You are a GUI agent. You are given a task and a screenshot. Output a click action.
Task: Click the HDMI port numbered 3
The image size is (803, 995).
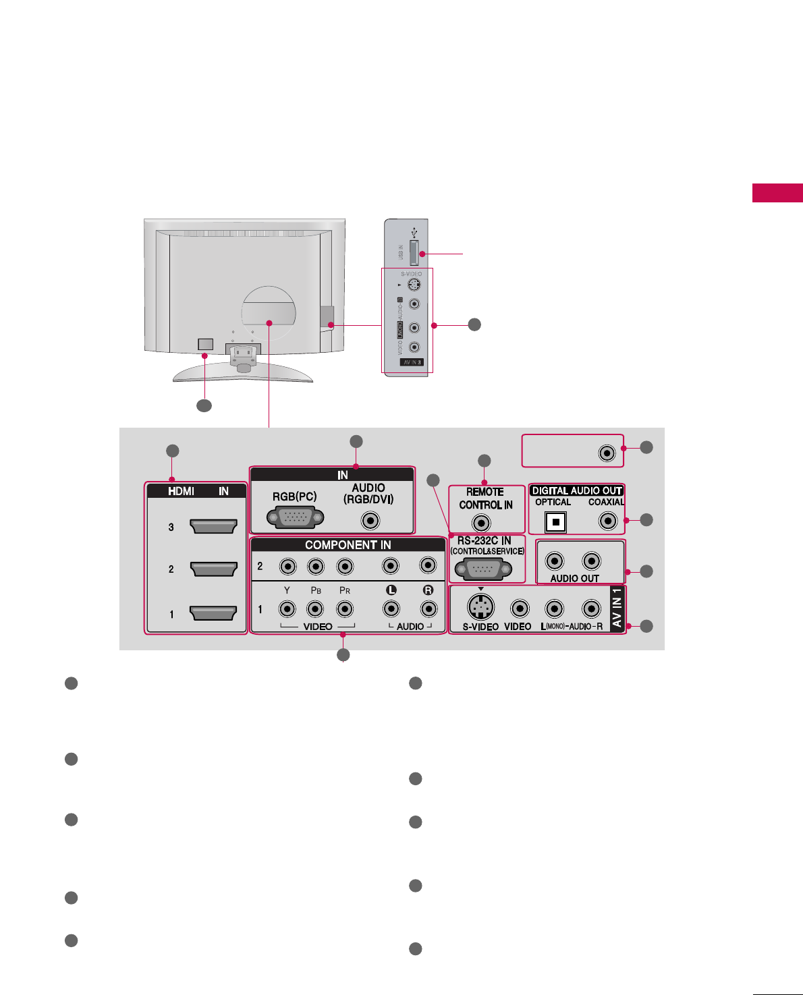pos(214,526)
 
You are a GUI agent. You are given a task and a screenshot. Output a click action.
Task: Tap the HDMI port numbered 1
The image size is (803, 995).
pos(214,613)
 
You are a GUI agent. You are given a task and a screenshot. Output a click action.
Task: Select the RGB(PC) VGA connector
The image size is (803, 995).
pos(296,518)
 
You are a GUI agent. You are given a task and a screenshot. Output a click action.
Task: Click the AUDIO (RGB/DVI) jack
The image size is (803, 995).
pos(369,521)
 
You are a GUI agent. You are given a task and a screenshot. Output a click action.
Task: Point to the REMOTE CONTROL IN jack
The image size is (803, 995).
pos(480,523)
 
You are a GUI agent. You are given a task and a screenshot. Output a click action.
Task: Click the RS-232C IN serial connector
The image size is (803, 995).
pos(482,569)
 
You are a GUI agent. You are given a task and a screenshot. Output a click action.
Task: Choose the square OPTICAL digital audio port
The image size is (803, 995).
pos(555,522)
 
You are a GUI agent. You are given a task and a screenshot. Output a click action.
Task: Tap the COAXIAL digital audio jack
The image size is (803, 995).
pos(608,521)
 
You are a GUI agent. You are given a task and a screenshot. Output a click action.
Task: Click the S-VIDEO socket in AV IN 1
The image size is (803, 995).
pos(480,608)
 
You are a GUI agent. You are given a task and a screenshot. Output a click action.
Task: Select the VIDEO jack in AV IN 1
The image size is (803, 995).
pos(520,608)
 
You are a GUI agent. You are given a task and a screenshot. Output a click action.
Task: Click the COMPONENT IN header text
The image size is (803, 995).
pos(348,545)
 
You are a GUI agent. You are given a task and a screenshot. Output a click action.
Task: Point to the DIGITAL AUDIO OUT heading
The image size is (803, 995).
pos(576,490)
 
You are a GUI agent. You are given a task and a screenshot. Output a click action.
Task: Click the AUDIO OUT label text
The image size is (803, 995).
pos(574,578)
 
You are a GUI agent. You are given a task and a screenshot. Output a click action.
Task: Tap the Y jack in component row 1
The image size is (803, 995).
pos(287,609)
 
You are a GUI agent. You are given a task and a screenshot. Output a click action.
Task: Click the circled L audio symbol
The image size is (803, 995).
pos(391,590)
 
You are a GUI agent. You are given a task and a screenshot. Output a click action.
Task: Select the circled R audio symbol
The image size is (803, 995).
pos(428,590)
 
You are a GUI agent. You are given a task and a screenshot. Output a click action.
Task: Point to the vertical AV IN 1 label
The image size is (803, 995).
pos(617,608)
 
